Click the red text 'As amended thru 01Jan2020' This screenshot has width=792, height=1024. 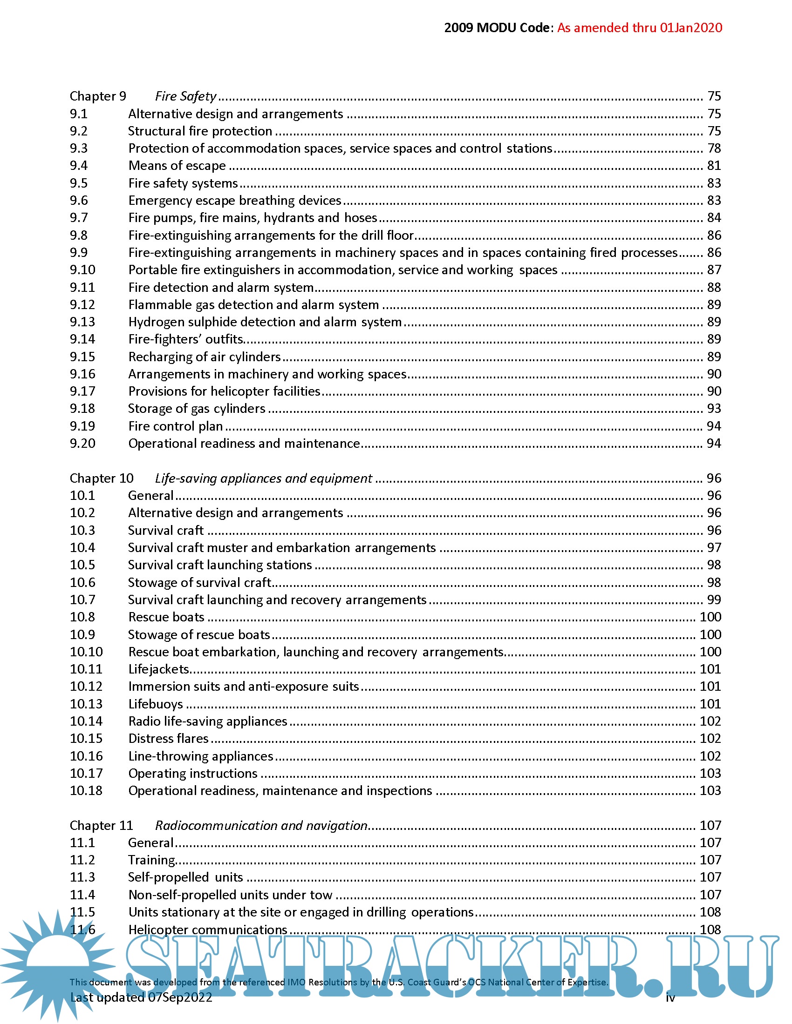(x=640, y=27)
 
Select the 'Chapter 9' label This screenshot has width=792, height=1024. (x=98, y=96)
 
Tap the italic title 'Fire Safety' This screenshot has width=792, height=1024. (x=186, y=96)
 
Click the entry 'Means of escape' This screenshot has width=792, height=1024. (x=177, y=166)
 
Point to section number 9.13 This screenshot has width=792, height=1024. (x=82, y=322)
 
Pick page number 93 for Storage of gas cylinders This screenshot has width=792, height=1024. (x=714, y=408)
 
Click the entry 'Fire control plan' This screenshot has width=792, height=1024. (x=176, y=426)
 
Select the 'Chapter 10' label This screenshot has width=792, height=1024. (x=102, y=478)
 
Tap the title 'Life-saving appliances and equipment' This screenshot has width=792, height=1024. (x=263, y=478)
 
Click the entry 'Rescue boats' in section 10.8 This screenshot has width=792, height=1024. (x=166, y=617)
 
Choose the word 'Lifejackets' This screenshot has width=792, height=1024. (x=158, y=669)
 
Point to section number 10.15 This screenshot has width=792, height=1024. (x=86, y=739)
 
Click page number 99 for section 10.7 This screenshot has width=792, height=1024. (x=714, y=600)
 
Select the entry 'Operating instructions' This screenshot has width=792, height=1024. (x=193, y=773)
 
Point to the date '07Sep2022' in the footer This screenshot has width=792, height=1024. (x=180, y=997)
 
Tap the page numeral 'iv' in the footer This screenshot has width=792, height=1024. (x=670, y=997)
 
